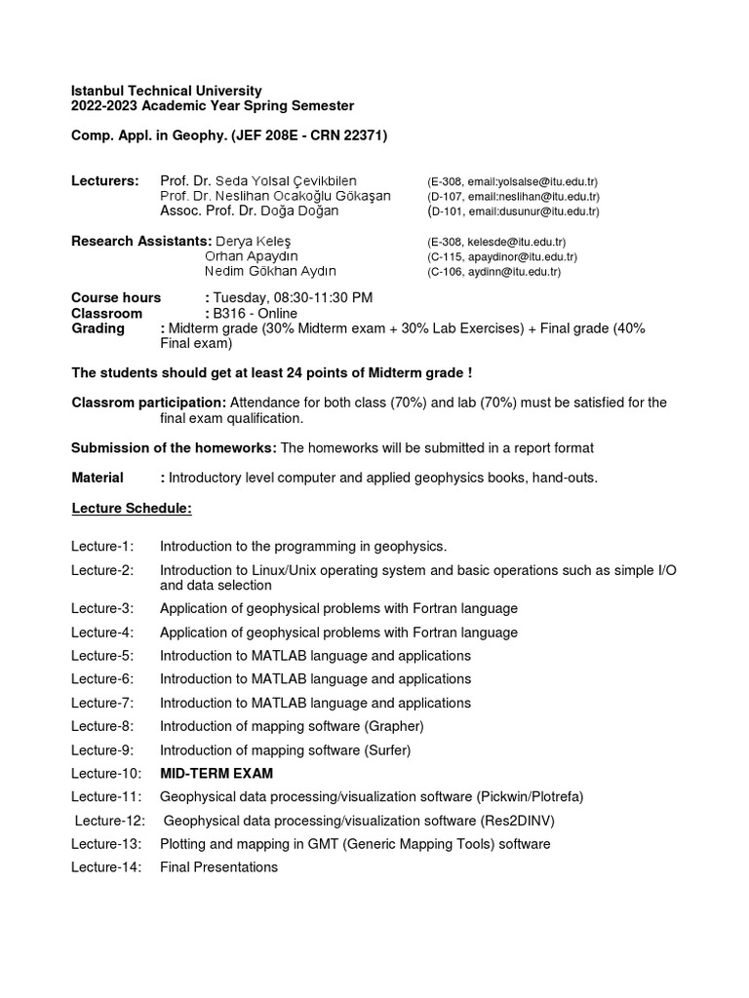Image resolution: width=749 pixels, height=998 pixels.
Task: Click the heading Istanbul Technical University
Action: pos(166,91)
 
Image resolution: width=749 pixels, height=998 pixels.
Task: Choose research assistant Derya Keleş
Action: pos(253,241)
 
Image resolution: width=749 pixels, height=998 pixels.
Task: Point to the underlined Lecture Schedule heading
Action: pos(132,508)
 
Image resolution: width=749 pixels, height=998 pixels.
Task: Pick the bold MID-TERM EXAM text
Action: pos(217,773)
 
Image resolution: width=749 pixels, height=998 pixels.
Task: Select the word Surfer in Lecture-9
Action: pos(387,749)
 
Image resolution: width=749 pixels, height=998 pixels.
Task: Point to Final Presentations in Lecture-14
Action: pos(218,866)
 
